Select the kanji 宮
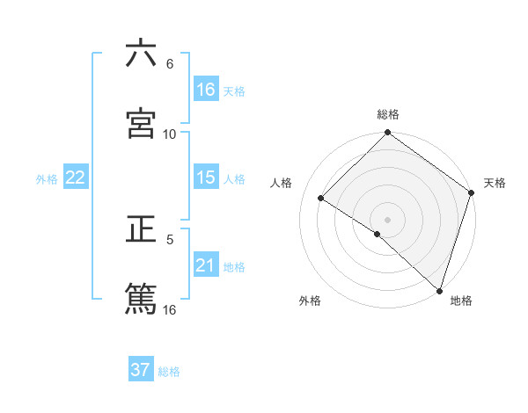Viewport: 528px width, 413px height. [x=141, y=124]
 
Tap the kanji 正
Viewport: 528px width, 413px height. [x=141, y=230]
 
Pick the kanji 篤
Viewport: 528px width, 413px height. [x=141, y=299]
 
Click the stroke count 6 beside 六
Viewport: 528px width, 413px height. [x=170, y=63]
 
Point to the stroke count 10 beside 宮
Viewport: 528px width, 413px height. [x=170, y=134]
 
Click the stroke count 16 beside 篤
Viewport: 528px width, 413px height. [x=170, y=309]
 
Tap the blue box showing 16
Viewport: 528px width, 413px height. [x=206, y=90]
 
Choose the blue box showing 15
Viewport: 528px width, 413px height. [x=206, y=178]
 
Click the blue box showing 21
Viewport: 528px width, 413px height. [x=206, y=265]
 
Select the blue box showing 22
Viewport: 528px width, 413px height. [x=76, y=178]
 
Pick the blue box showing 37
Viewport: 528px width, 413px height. [x=141, y=370]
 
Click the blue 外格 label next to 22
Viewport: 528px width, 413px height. [x=47, y=179]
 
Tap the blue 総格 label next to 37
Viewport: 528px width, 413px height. [x=169, y=372]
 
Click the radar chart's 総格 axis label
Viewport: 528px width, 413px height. [x=388, y=114]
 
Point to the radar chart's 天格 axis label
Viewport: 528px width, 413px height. [x=495, y=183]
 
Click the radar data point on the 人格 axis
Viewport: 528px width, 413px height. [x=321, y=199]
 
